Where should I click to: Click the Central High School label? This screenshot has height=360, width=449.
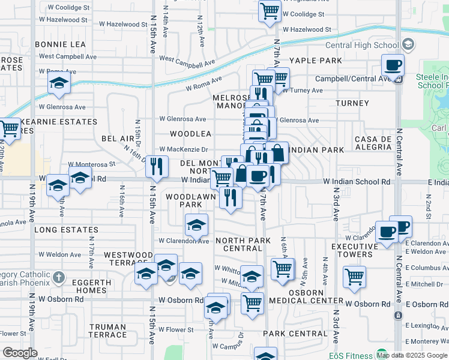click(x=363, y=46)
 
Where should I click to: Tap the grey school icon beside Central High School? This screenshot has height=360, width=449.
click(x=408, y=44)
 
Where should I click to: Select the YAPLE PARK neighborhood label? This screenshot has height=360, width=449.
click(x=315, y=61)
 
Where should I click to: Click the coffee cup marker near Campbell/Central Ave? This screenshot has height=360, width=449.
click(x=393, y=65)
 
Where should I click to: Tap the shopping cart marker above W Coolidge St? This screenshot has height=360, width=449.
click(x=270, y=10)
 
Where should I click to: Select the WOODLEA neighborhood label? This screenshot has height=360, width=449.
click(x=190, y=134)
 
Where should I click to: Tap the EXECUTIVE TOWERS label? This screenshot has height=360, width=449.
click(x=352, y=250)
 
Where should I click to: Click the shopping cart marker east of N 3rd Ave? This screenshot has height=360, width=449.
click(x=354, y=277)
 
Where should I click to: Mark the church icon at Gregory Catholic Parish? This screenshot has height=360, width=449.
click(x=58, y=278)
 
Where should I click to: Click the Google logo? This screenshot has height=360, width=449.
click(x=20, y=353)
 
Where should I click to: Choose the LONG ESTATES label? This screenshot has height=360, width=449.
click(x=66, y=230)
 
